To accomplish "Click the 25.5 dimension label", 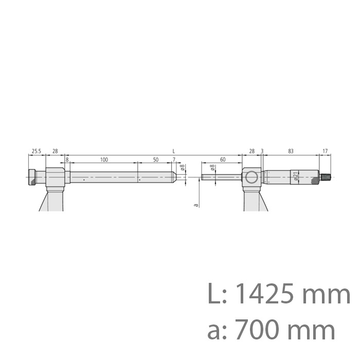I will [36, 151].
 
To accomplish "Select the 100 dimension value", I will [104, 160].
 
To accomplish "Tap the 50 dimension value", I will [155, 160].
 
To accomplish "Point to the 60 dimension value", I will [222, 160].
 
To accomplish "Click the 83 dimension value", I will [291, 151].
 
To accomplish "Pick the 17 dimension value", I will [325, 151].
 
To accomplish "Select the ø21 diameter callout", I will [296, 176].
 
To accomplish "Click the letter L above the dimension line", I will [174, 151].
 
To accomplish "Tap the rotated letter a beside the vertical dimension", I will [195, 205].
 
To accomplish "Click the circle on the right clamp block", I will [251, 178].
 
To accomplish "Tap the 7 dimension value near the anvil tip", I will [174, 160].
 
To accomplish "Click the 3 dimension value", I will [262, 151].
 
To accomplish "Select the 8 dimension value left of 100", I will [67, 160].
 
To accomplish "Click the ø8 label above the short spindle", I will [212, 168].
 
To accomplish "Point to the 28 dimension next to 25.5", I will [55, 151].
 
